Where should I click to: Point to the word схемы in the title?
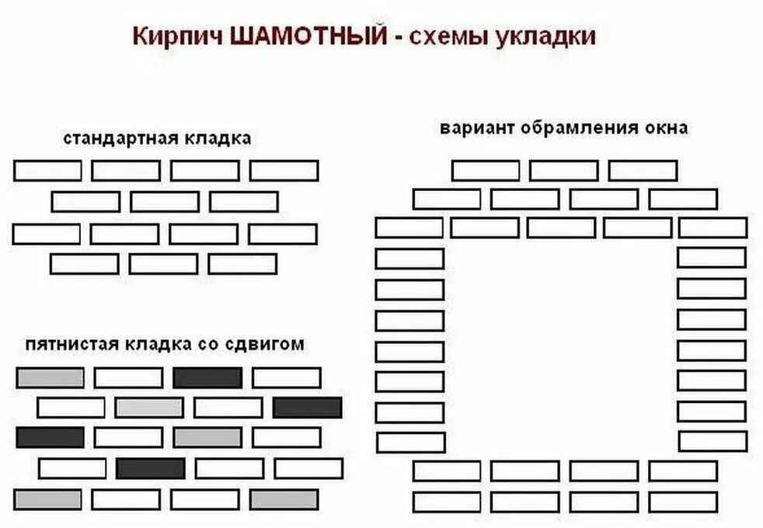pyautogui.click(x=448, y=37)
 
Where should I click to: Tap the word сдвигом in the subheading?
pyautogui.click(x=273, y=344)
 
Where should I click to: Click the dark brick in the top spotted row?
pyautogui.click(x=207, y=378)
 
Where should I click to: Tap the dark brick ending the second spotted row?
pyautogui.click(x=307, y=408)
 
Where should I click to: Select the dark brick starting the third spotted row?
pyautogui.click(x=50, y=437)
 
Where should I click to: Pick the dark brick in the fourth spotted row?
pyautogui.click(x=151, y=468)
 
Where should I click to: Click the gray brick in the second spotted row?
pyautogui.click(x=149, y=408)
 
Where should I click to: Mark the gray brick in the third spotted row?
pyautogui.click(x=207, y=437)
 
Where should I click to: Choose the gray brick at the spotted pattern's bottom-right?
pyautogui.click(x=284, y=498)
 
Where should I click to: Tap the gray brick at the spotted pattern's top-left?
pyautogui.click(x=50, y=378)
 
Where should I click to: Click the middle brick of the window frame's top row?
pyautogui.click(x=564, y=170)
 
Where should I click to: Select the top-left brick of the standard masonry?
pyautogui.click(x=47, y=170)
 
